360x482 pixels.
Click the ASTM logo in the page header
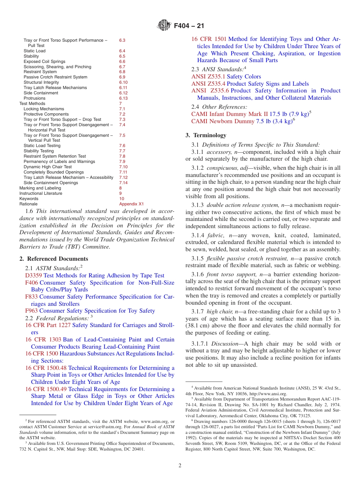164,26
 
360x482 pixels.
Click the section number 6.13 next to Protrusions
123,98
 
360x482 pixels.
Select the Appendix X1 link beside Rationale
131,204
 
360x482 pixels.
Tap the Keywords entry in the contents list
29,199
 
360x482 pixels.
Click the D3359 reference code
33,275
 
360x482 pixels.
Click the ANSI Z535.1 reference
208,77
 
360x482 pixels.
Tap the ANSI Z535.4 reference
208,84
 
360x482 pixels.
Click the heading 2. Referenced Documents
53,259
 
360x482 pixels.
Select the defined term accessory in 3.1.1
219,152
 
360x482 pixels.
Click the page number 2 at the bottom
180,466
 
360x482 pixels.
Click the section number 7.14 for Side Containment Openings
123,183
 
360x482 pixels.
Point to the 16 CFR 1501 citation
209,39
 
